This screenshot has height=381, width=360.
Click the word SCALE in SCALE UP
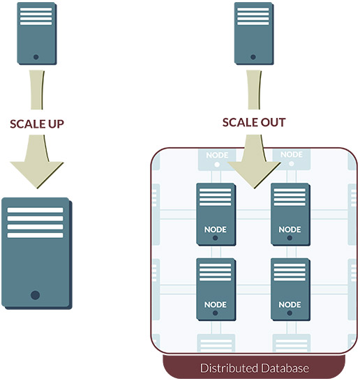click(28, 124)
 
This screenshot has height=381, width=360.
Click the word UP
click(56, 124)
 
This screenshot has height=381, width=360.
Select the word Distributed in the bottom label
click(227, 368)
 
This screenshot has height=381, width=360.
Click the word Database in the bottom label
click(283, 368)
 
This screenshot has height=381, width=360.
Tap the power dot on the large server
click(35, 295)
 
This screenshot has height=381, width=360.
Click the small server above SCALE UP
click(37, 33)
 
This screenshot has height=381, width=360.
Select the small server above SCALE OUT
click(254, 33)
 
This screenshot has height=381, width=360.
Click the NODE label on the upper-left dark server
click(215, 230)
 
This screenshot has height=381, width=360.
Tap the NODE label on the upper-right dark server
click(290, 230)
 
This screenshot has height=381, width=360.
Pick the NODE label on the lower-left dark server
click(215, 305)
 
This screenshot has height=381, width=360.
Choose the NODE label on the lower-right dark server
click(290, 305)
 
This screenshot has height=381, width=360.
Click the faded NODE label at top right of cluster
click(292, 154)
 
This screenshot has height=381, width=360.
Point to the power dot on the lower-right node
click(290, 313)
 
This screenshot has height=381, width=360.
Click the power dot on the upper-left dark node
click(215, 238)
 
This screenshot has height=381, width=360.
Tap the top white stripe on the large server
click(35, 210)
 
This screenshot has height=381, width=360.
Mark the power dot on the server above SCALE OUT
click(253, 57)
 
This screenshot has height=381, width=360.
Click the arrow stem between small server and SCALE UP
click(37, 90)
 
